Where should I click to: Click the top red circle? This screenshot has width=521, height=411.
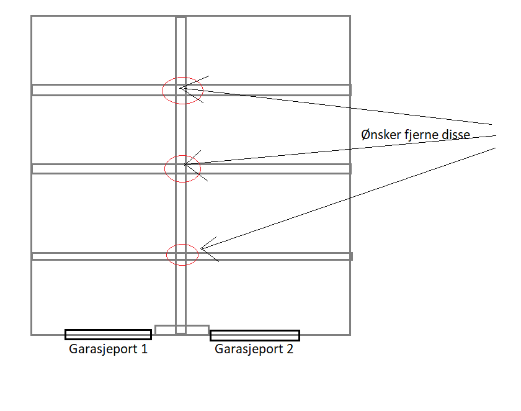pyautogui.click(x=182, y=91)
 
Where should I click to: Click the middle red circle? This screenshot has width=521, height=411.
pyautogui.click(x=182, y=169)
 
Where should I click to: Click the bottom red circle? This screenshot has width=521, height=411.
pyautogui.click(x=182, y=255)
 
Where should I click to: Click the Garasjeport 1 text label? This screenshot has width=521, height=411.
pyautogui.click(x=108, y=350)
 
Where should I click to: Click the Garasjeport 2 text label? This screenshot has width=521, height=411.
pyautogui.click(x=254, y=350)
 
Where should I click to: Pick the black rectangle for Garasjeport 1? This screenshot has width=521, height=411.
pyautogui.click(x=109, y=335)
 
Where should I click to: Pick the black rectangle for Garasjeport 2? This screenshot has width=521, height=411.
pyautogui.click(x=255, y=335)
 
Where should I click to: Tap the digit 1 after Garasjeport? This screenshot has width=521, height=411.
pyautogui.click(x=144, y=349)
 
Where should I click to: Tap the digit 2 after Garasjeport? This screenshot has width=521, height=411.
pyautogui.click(x=290, y=349)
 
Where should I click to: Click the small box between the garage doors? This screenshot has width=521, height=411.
pyautogui.click(x=182, y=330)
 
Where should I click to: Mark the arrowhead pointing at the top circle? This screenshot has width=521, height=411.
pyautogui.click(x=180, y=88)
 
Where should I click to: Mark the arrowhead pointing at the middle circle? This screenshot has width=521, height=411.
pyautogui.click(x=185, y=165)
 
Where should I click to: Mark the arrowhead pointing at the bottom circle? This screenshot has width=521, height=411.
pyautogui.click(x=201, y=249)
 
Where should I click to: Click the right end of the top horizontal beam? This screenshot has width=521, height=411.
pyautogui.click(x=351, y=90)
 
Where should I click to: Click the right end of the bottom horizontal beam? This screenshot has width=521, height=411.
pyautogui.click(x=352, y=256)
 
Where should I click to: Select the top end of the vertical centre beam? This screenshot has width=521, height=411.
pyautogui.click(x=180, y=17)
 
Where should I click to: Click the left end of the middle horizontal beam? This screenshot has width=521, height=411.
pyautogui.click(x=32, y=169)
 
